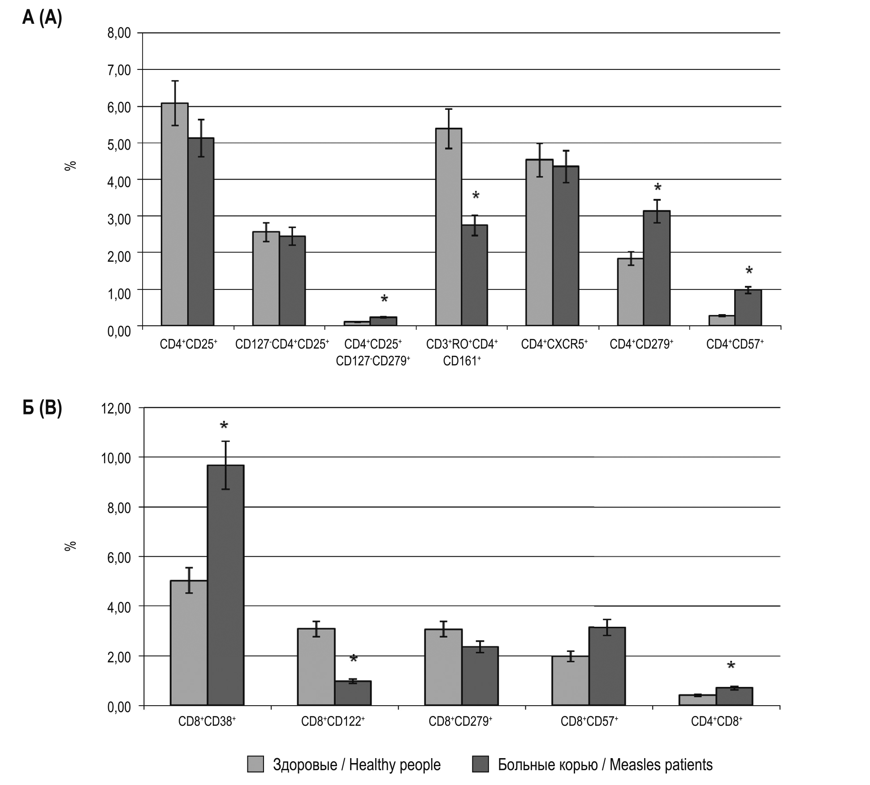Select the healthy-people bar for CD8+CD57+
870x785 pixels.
570,681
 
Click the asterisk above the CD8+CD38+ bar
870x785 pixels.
224,426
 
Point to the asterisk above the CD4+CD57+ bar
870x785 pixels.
749,271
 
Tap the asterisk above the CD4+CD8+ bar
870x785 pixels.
731,666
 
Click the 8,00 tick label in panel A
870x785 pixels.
119,33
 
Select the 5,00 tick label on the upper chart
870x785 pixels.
119,143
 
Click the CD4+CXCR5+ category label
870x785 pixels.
554,344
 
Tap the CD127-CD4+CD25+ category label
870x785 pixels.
282,344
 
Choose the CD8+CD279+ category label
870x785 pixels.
460,721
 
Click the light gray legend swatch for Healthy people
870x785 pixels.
255,764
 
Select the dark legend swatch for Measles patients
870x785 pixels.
480,764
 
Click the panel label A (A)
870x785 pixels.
42,19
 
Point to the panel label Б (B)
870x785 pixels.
42,409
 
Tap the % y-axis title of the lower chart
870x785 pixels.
70,546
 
